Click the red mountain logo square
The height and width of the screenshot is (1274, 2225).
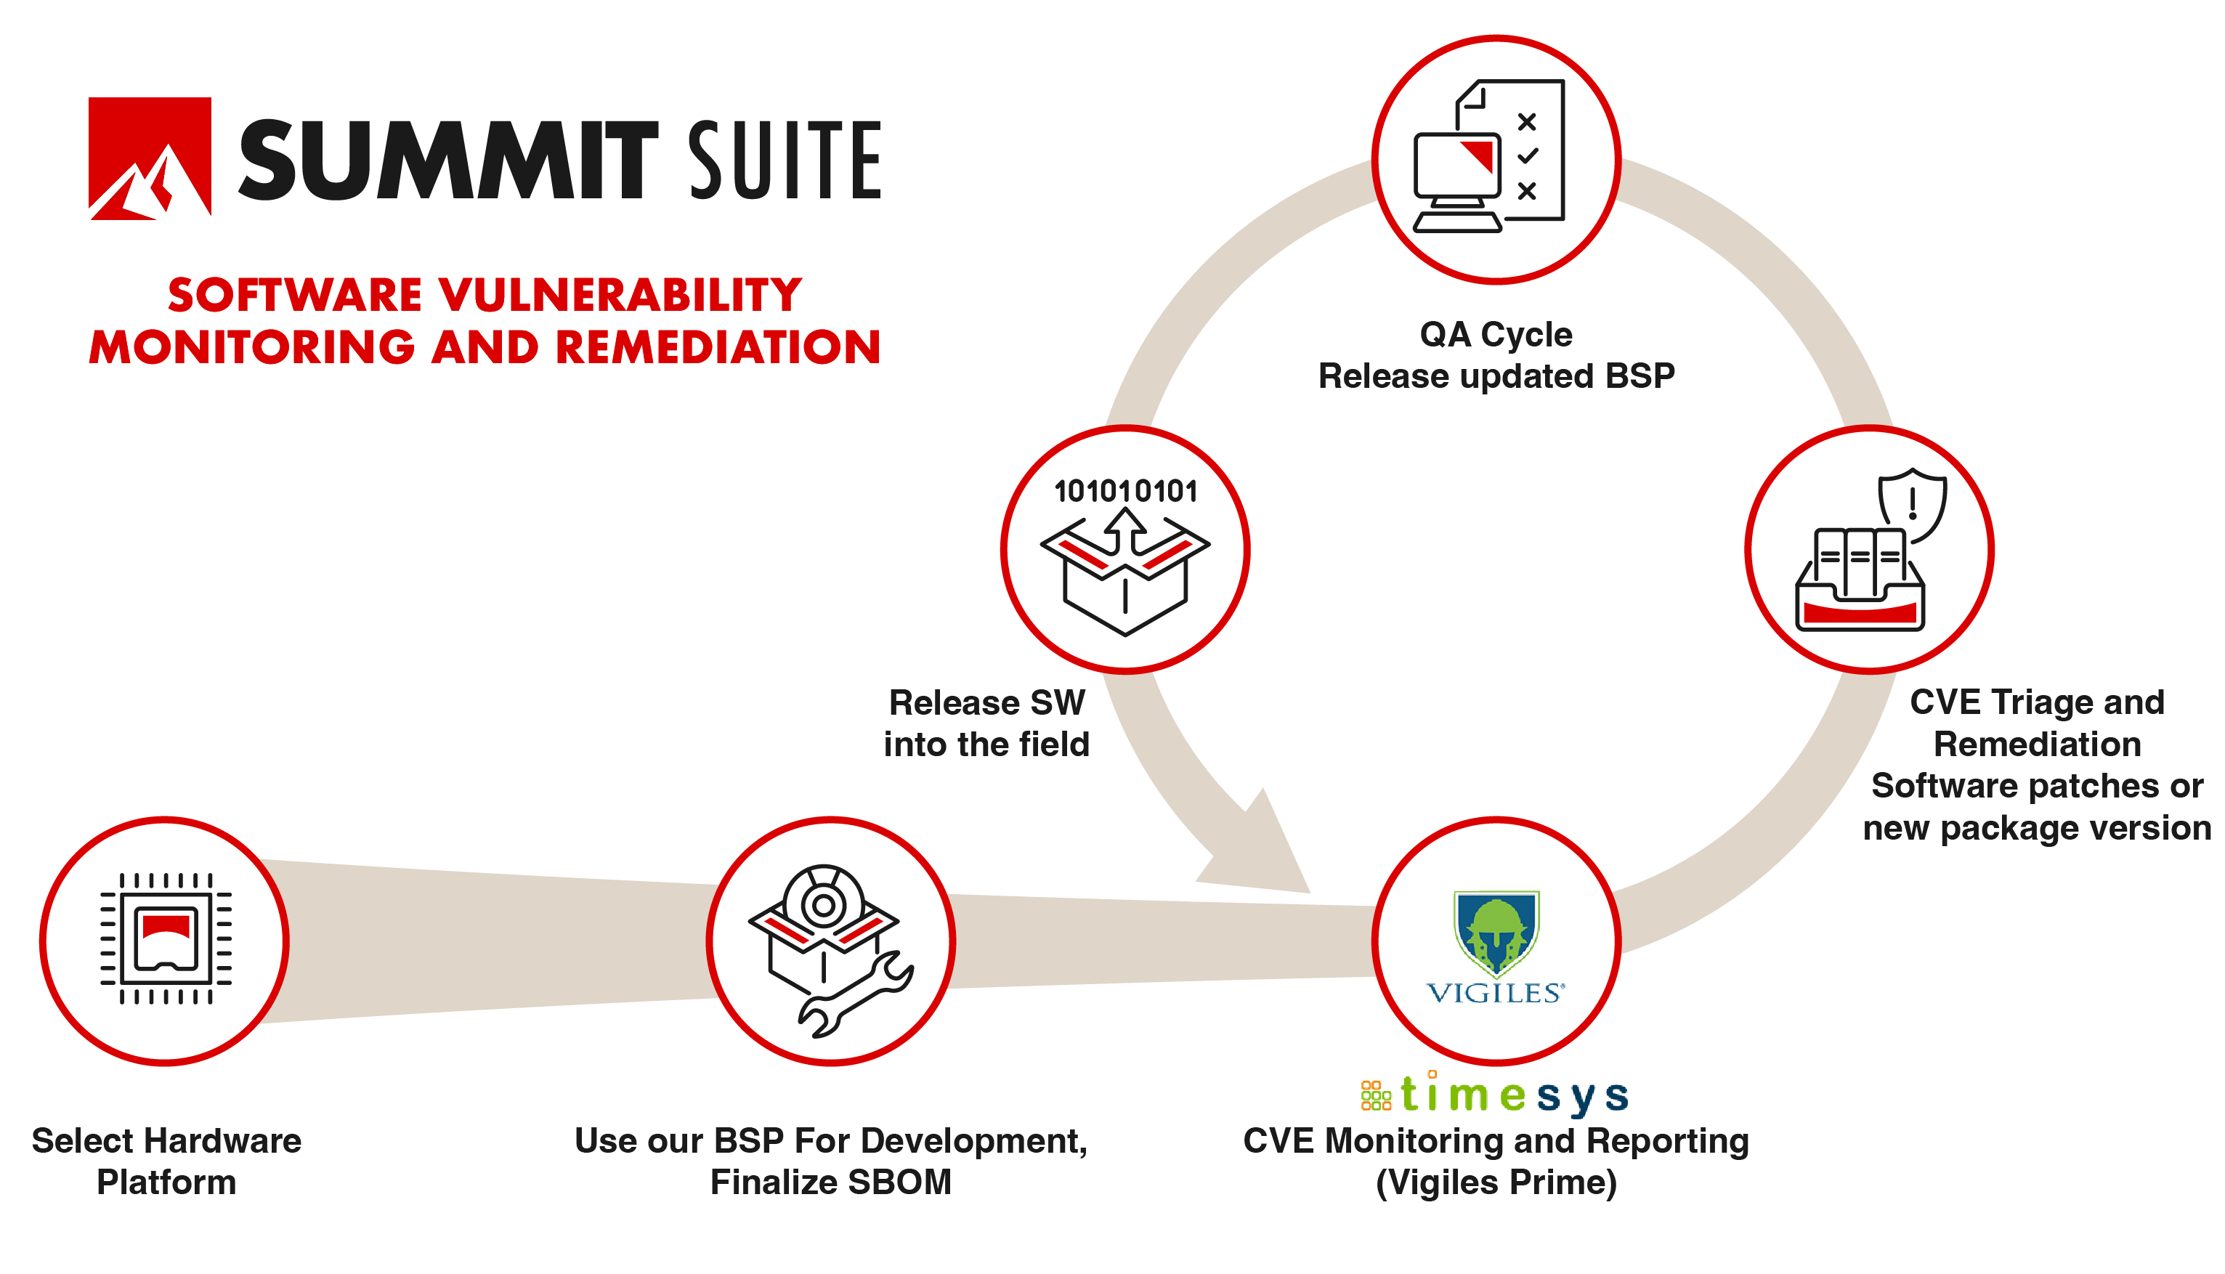click(x=150, y=158)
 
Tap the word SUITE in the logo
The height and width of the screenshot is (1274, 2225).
click(x=784, y=160)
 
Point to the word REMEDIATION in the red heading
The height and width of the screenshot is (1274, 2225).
click(x=718, y=347)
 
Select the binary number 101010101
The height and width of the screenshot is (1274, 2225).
click(x=1125, y=492)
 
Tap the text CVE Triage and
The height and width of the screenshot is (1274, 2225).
click(x=2037, y=702)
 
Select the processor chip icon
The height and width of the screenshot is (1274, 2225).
click(x=166, y=939)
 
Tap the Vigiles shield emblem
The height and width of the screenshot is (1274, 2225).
click(x=1496, y=932)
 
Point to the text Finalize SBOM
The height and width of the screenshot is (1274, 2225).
click(x=830, y=1182)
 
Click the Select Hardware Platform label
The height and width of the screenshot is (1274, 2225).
click(x=166, y=1161)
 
